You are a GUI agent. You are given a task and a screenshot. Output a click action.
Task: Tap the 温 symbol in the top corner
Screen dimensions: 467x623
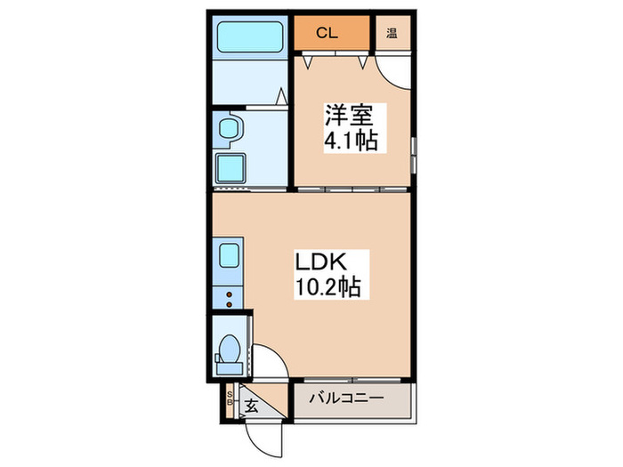(392, 35)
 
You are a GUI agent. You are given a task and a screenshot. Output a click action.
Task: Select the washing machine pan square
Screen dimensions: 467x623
(232, 166)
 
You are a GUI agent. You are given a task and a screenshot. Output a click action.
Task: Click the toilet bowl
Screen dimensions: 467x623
(229, 348)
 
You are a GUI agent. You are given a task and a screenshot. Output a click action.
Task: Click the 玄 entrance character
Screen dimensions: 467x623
(253, 407)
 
